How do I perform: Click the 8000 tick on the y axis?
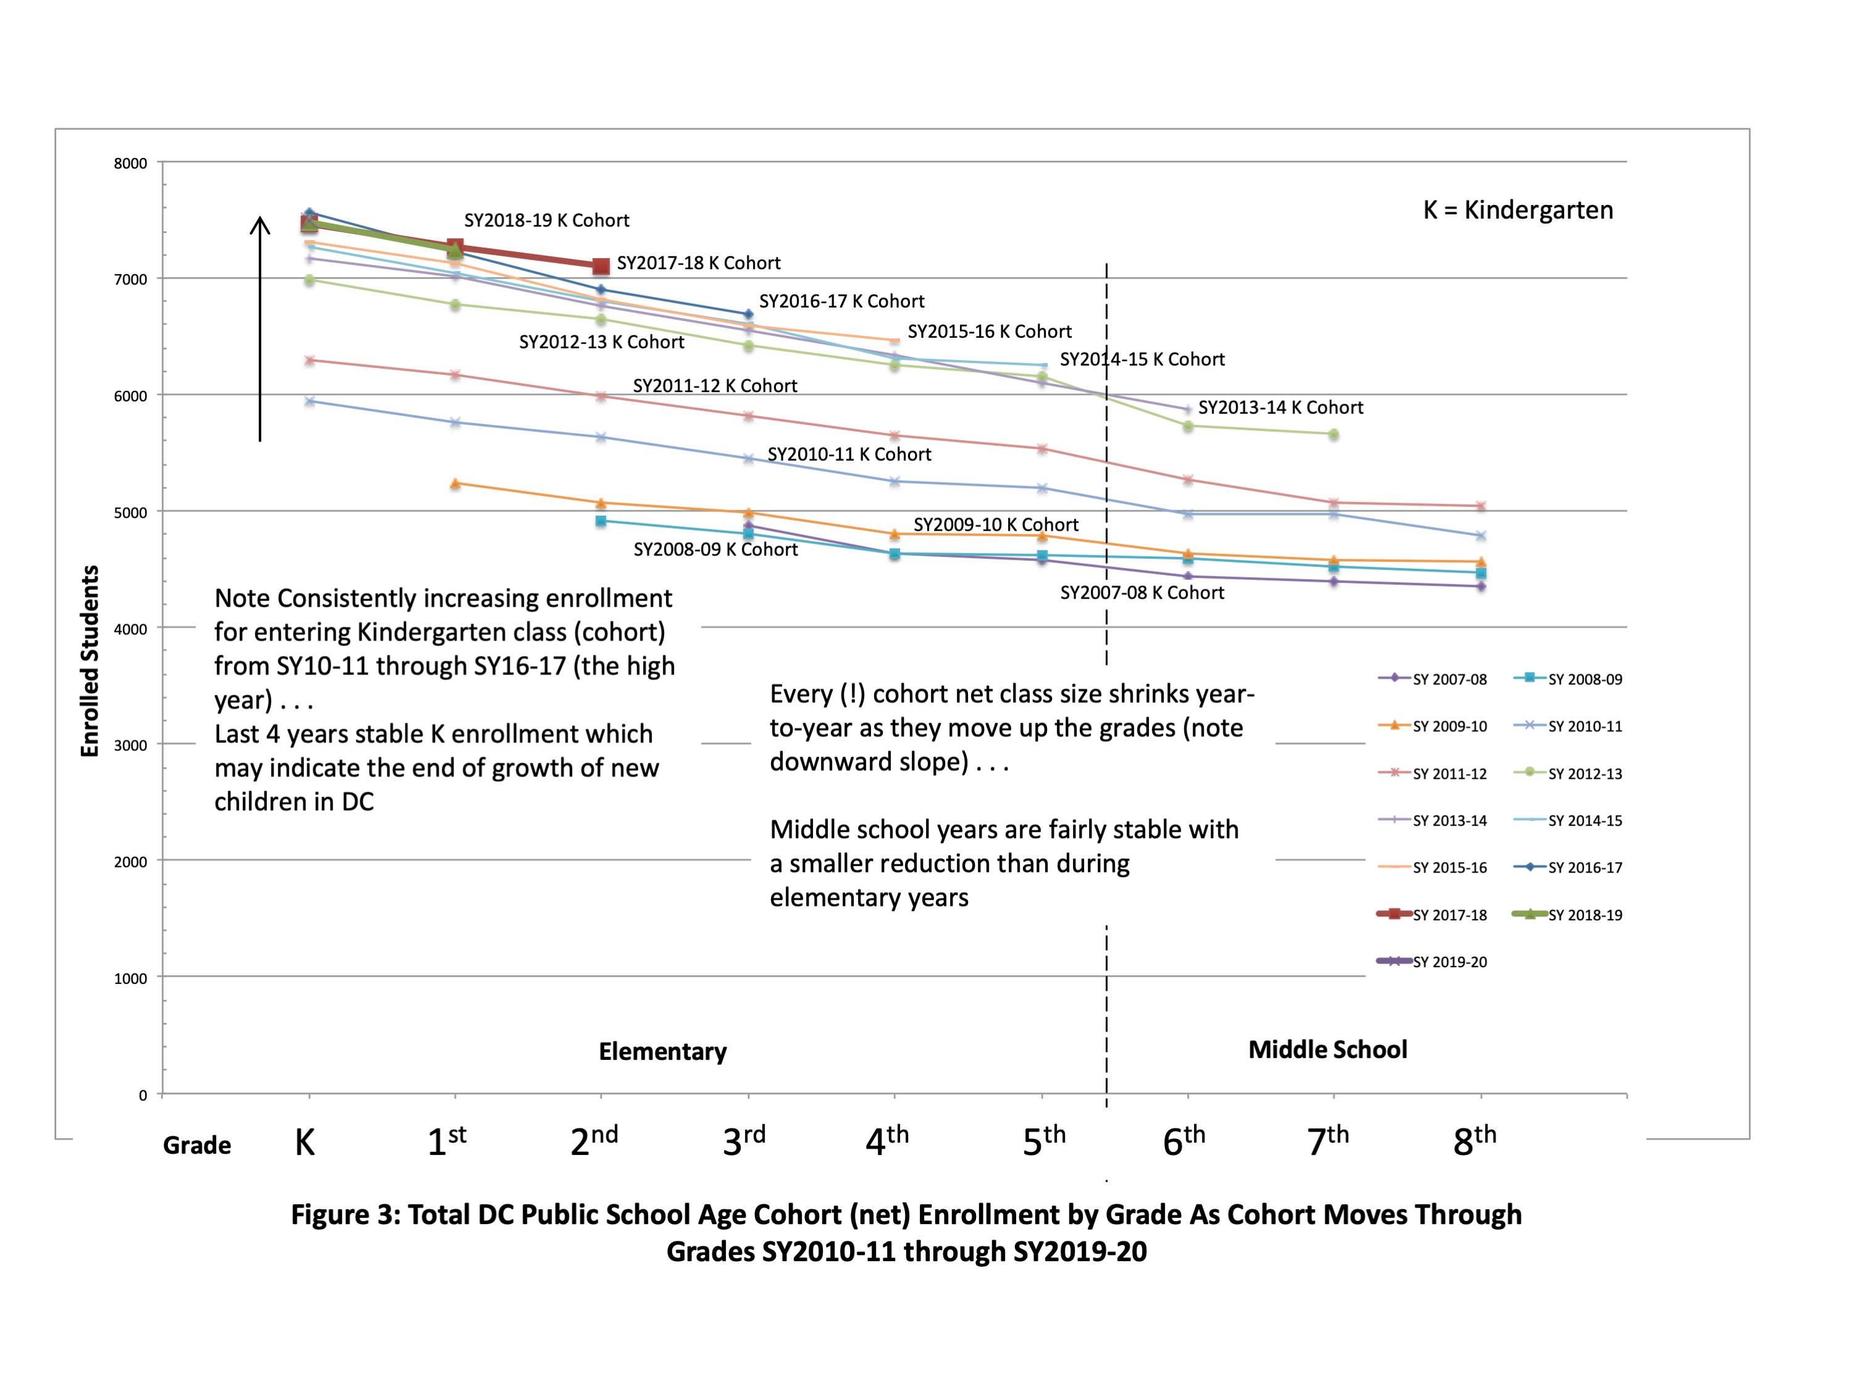(x=130, y=163)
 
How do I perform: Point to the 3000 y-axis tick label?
(x=130, y=745)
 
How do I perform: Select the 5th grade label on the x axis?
(x=1043, y=1140)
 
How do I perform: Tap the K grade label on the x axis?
(x=305, y=1142)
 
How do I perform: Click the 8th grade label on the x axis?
(x=1473, y=1140)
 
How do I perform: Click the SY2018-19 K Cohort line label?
(x=546, y=220)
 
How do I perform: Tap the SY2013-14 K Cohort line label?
(x=1280, y=408)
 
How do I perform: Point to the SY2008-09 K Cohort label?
(x=715, y=549)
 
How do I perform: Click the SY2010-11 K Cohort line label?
(x=849, y=454)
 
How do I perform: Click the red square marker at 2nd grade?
(x=600, y=266)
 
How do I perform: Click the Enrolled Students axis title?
(x=90, y=661)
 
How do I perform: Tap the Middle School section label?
(x=1327, y=1049)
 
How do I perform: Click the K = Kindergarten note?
(x=1517, y=209)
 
